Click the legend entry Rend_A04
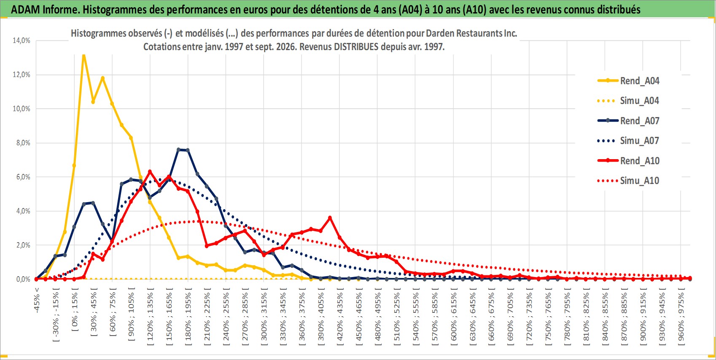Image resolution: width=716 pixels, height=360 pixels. point(628,81)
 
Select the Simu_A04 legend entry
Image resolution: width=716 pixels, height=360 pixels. point(628,101)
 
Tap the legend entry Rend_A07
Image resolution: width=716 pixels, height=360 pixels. point(628,121)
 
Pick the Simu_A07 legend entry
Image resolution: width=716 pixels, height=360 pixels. point(628,141)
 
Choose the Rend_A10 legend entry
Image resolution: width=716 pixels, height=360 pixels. point(628,160)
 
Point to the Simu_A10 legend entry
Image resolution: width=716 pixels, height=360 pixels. point(628,181)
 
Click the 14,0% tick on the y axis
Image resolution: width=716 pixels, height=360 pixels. point(22,40)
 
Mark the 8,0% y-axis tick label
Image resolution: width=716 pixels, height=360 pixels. point(23,143)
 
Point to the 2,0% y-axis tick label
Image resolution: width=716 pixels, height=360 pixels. point(23,245)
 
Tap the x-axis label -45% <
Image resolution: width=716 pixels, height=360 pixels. point(36,300)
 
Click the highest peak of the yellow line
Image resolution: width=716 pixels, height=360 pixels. point(84,56)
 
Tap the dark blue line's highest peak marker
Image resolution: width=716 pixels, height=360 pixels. point(178,149)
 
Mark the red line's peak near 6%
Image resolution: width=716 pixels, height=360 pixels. point(150,172)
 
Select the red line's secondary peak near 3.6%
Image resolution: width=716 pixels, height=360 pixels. point(330,218)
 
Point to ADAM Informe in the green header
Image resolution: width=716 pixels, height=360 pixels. point(43,10)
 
